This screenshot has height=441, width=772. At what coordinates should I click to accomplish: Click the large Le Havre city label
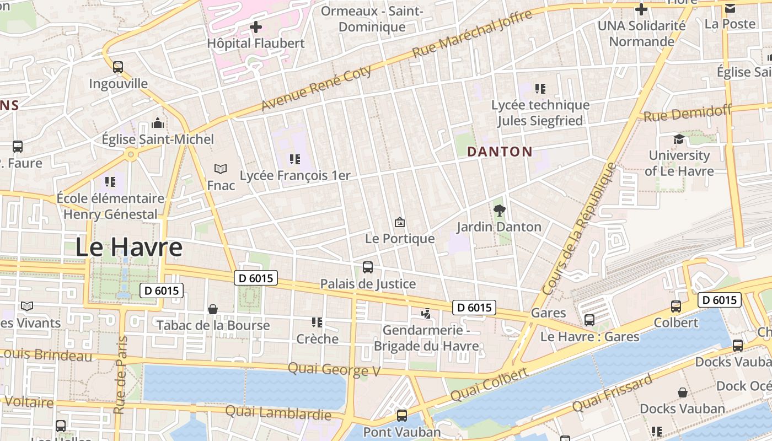[x=128, y=247]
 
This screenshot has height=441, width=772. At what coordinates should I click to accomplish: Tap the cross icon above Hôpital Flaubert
[x=256, y=26]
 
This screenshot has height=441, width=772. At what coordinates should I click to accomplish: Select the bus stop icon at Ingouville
[x=118, y=67]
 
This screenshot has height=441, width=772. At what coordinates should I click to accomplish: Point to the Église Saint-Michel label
[x=158, y=139]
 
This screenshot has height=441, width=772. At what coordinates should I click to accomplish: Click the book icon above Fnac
[x=221, y=169]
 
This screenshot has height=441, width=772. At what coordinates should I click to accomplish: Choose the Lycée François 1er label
[x=295, y=175]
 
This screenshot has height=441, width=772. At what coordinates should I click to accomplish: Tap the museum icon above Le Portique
[x=400, y=222]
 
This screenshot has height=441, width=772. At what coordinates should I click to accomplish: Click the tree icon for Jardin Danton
[x=500, y=210]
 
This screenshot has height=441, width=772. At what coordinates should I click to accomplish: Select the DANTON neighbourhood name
[x=500, y=152]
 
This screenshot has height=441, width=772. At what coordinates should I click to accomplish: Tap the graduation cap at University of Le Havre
[x=679, y=139]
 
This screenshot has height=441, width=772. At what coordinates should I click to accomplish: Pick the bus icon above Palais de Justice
[x=368, y=267]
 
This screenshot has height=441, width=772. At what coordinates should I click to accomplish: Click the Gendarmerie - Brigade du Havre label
[x=426, y=338]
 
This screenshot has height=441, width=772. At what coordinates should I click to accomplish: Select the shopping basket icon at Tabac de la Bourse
[x=213, y=309]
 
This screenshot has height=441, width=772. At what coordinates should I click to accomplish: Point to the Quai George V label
[x=334, y=369]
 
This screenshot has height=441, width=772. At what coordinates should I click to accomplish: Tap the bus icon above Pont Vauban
[x=402, y=416]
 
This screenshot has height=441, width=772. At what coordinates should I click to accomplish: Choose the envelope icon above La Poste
[x=730, y=8]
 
